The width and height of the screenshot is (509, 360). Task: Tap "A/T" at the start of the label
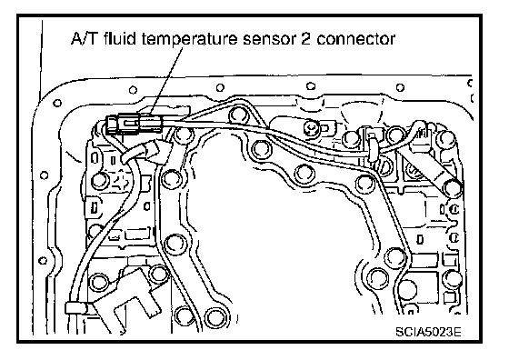click(x=84, y=38)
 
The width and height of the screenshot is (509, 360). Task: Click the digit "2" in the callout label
click(x=305, y=38)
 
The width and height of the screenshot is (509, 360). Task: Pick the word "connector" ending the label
click(x=356, y=39)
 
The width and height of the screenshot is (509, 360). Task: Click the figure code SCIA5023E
click(x=428, y=332)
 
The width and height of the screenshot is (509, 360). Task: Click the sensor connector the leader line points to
click(x=134, y=124)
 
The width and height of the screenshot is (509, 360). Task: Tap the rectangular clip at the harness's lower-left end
click(x=76, y=307)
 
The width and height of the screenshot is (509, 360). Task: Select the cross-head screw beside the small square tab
click(x=311, y=127)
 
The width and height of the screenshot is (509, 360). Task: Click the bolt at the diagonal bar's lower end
click(x=453, y=188)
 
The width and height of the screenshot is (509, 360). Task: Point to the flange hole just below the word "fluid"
click(x=133, y=90)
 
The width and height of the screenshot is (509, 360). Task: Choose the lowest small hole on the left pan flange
click(x=43, y=260)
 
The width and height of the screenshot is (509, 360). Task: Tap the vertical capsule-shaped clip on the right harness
click(x=373, y=149)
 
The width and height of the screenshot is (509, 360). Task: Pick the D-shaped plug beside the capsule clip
click(x=384, y=165)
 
